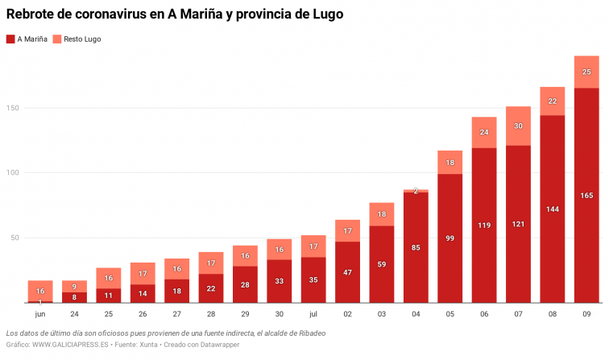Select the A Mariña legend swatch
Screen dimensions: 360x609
coord(10,39)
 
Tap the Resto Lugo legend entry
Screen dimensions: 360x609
coord(77,39)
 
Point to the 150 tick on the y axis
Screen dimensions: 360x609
coord(10,108)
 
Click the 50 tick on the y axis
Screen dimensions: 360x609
coord(13,238)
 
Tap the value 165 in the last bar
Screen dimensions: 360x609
coord(586,195)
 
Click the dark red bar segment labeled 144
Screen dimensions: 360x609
coord(553,209)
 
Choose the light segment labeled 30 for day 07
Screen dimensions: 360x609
coord(518,126)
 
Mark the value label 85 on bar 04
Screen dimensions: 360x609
coord(416,247)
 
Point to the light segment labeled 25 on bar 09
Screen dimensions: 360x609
coord(586,72)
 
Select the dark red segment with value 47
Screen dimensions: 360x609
coord(347,272)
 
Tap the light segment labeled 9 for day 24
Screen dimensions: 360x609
coord(74,286)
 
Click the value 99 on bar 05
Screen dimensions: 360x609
coord(450,238)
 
